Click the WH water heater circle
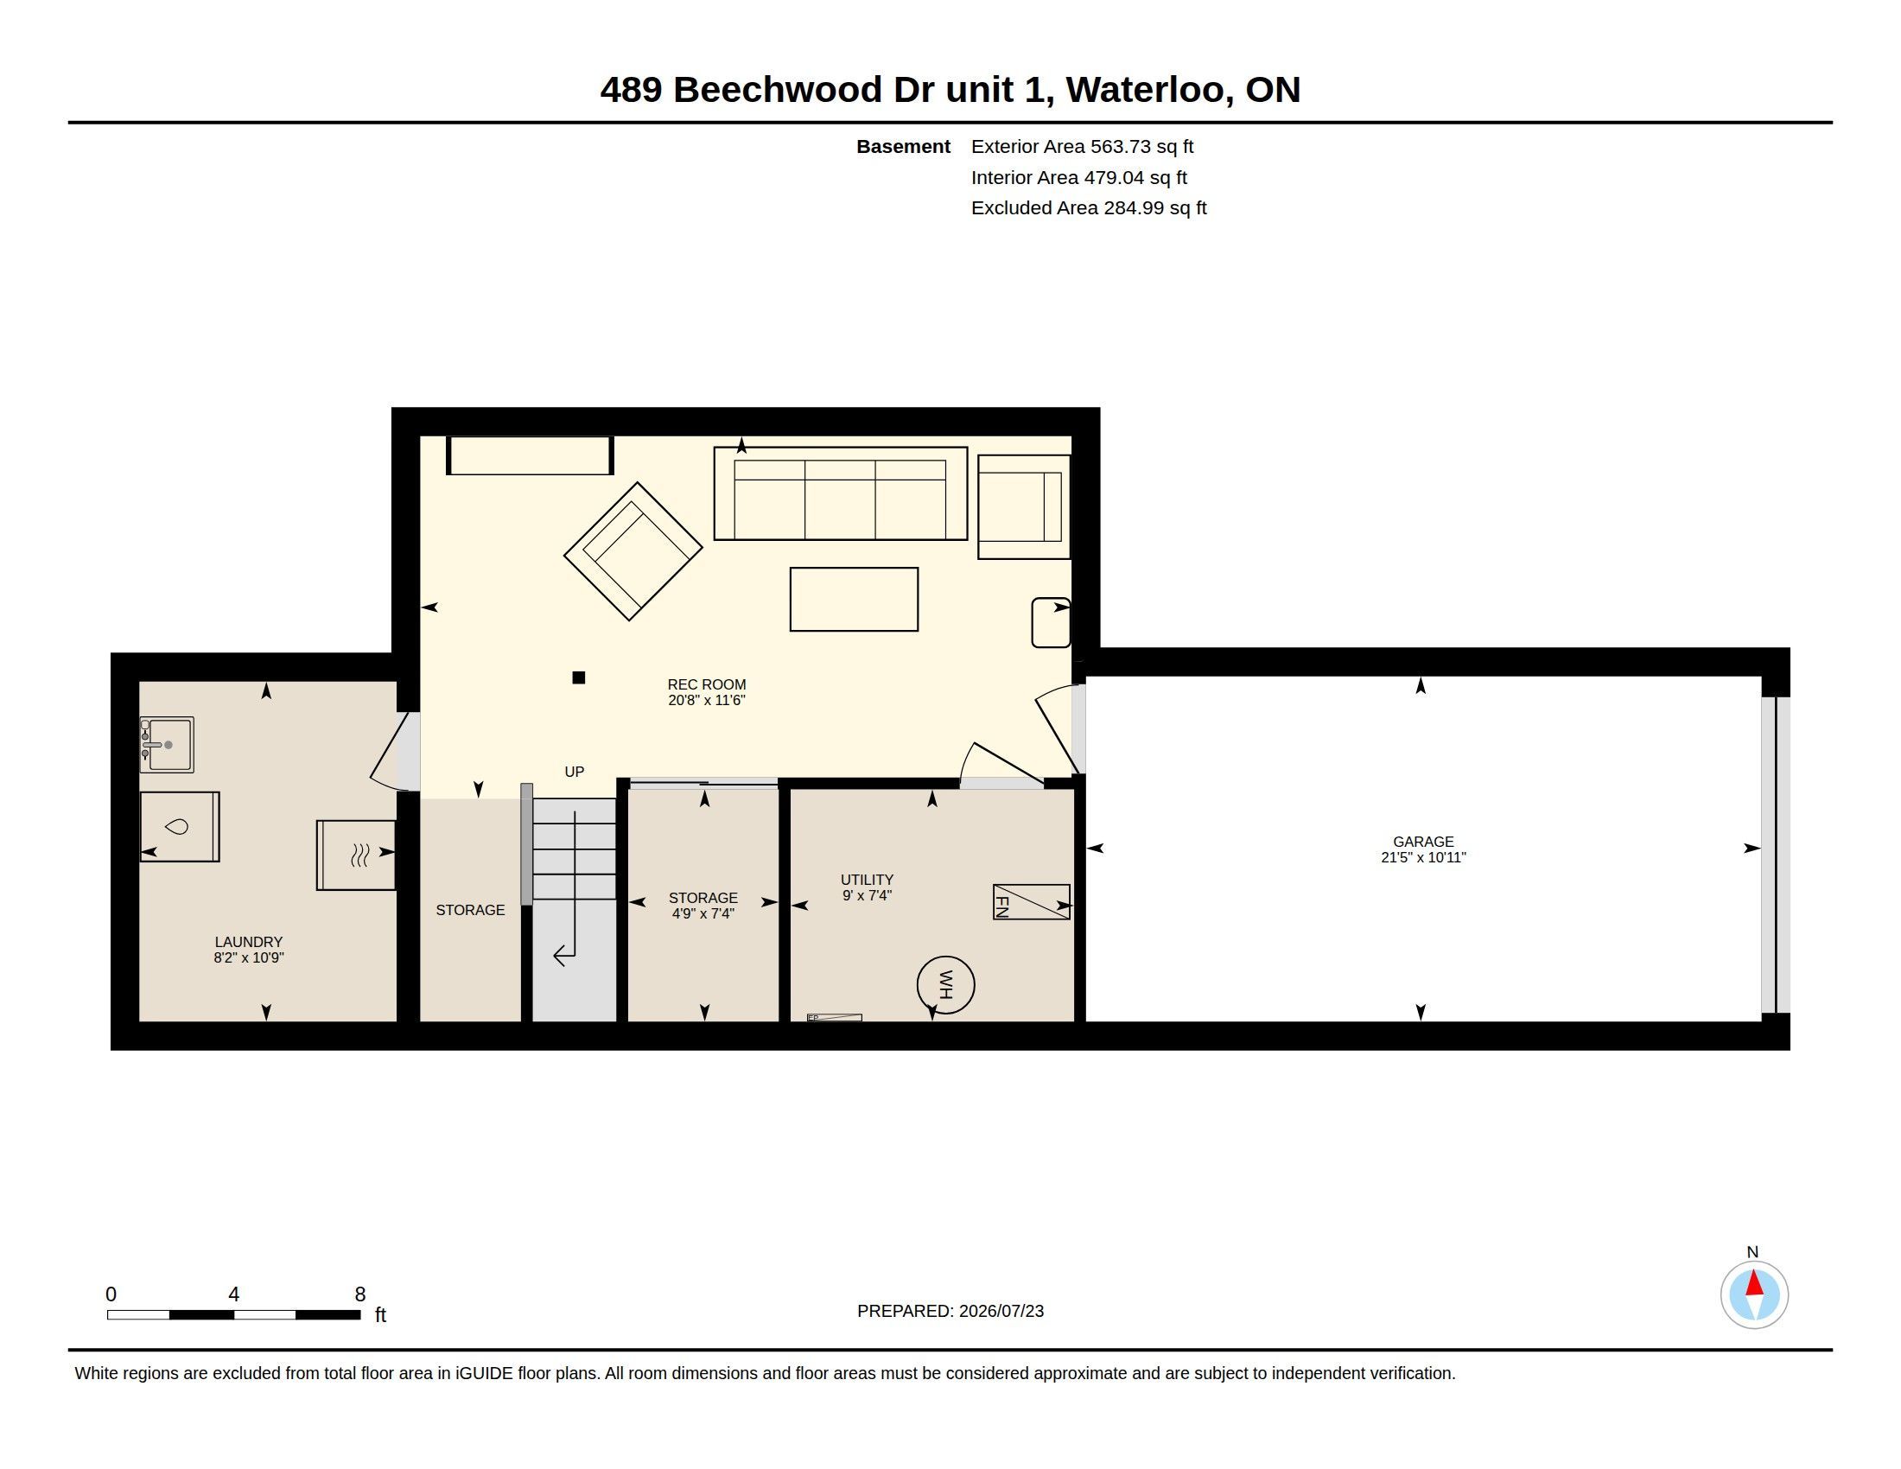[x=945, y=984]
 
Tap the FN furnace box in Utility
[x=1032, y=901]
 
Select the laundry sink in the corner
[x=167, y=744]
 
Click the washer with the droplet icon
[x=180, y=826]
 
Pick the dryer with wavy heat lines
[x=356, y=855]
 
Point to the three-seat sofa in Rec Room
[x=840, y=493]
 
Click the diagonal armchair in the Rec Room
[x=633, y=551]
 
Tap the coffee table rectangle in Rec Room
[x=854, y=599]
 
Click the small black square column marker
[x=579, y=677]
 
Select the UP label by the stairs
[x=575, y=771]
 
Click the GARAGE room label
[x=1423, y=842]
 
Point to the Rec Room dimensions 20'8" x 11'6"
[x=707, y=700]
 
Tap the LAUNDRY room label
[x=249, y=942]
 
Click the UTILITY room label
[x=867, y=879]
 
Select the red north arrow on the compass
[x=1755, y=1283]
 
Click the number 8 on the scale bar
[x=360, y=1294]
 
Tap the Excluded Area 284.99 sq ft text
[x=1089, y=208]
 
